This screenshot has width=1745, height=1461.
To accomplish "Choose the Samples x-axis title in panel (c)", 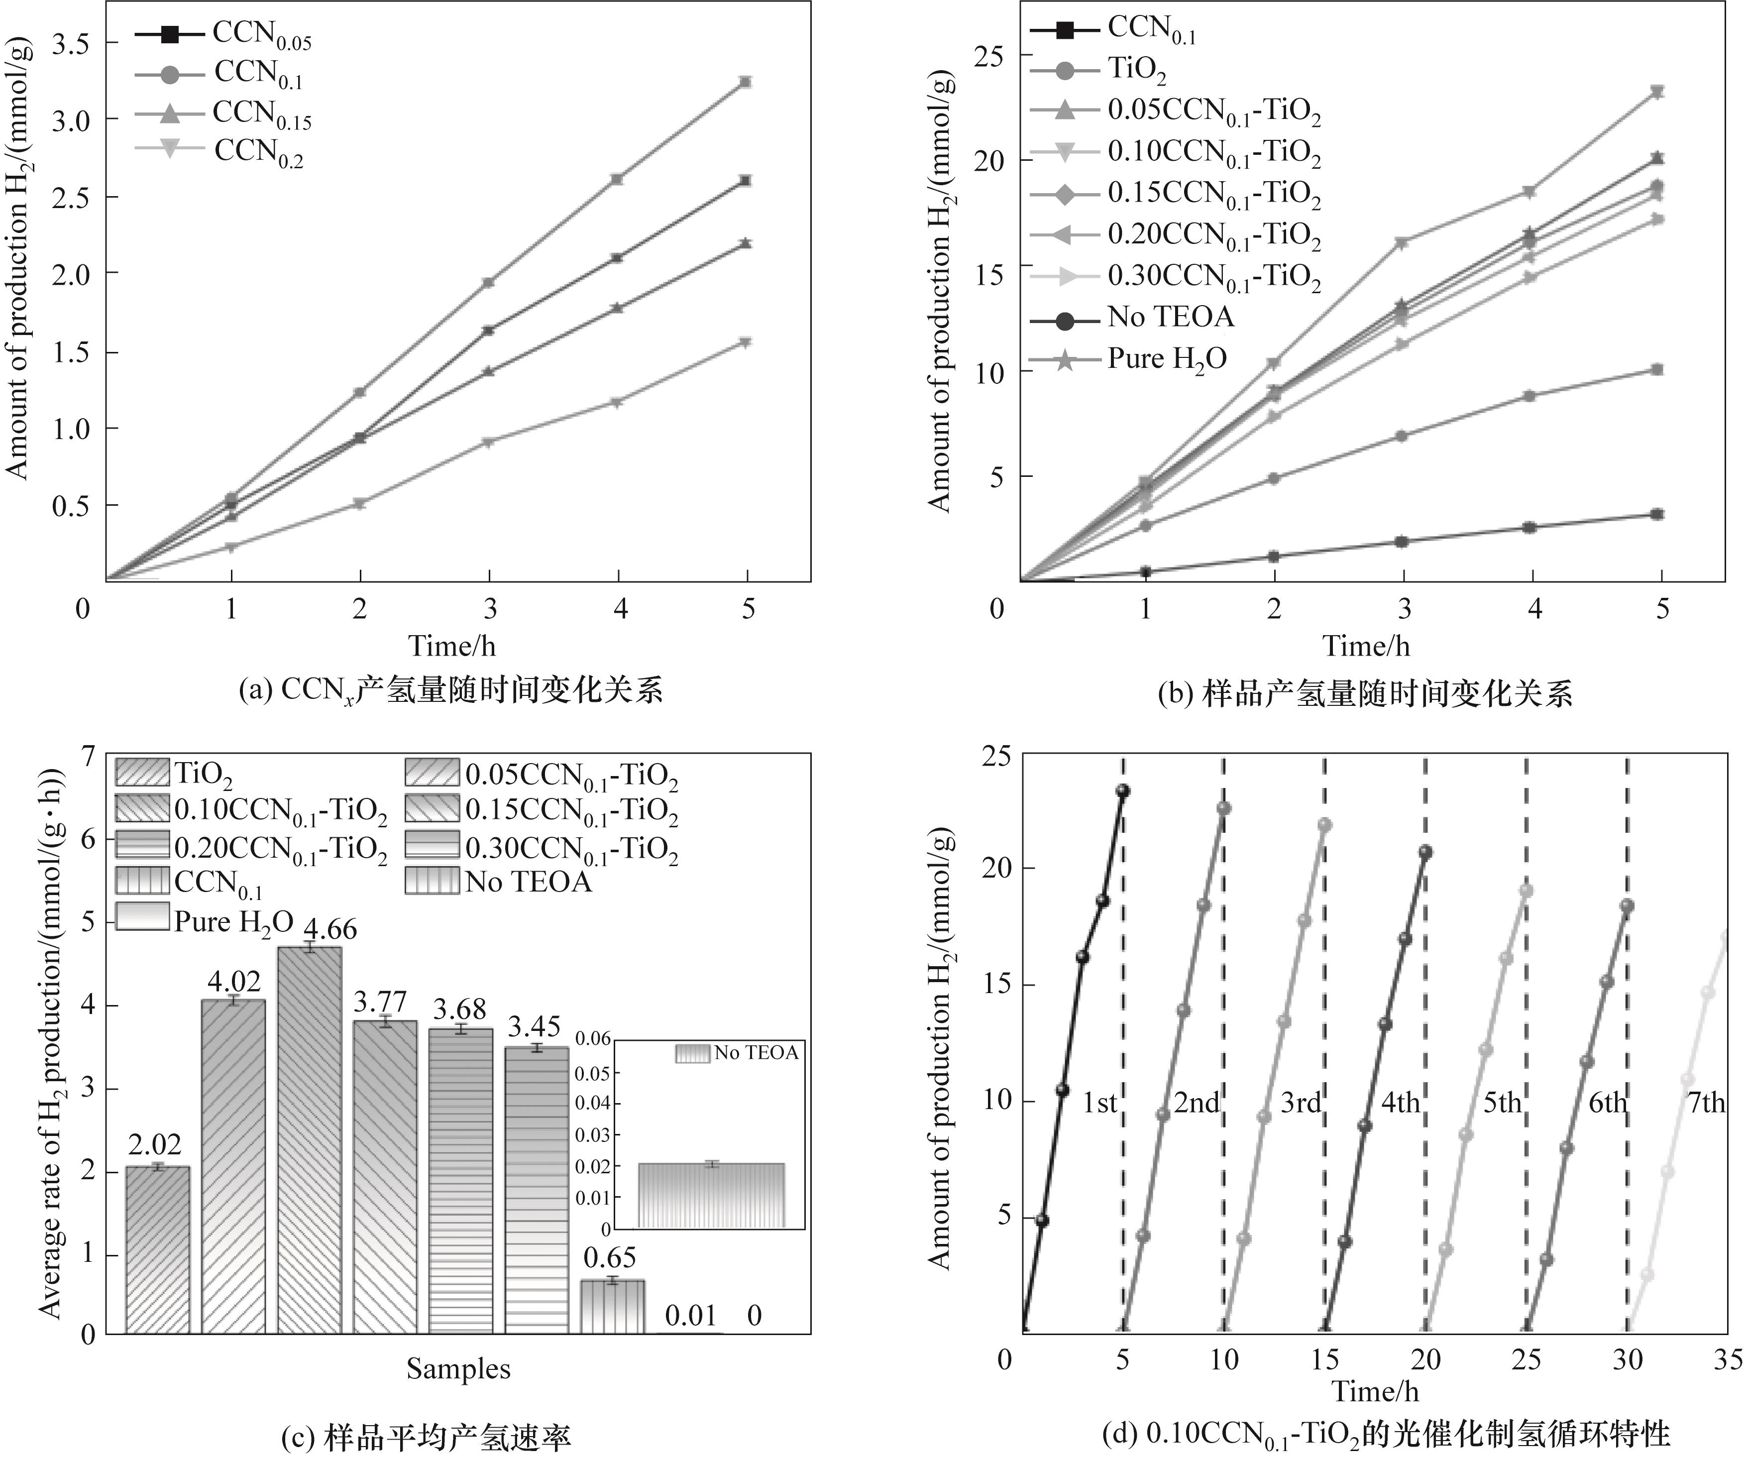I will pyautogui.click(x=458, y=1369).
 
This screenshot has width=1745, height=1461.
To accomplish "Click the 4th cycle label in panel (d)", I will pyautogui.click(x=1400, y=1103).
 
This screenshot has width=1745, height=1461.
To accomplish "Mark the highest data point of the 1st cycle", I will pyautogui.click(x=1123, y=790).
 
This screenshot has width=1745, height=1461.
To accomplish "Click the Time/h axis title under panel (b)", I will pyautogui.click(x=1366, y=646).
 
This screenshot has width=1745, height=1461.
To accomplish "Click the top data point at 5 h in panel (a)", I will pyautogui.click(x=746, y=82).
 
